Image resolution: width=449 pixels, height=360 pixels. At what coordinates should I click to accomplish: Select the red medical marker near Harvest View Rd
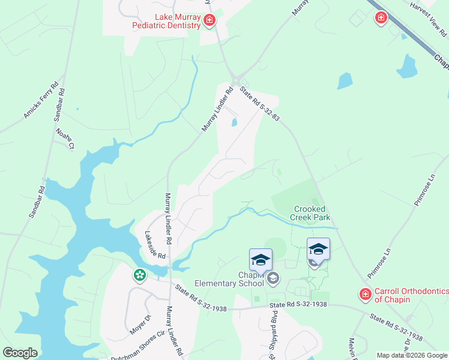(x=381, y=18)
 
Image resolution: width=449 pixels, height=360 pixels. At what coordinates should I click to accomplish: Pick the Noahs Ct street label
(x=64, y=138)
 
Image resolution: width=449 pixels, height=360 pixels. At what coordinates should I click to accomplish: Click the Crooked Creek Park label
(x=310, y=213)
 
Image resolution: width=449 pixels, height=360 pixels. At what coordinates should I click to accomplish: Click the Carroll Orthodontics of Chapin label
(x=411, y=296)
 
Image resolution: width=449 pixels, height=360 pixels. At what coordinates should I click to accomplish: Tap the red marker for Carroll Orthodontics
(x=365, y=294)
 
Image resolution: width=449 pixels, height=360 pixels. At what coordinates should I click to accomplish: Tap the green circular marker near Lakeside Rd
(x=140, y=275)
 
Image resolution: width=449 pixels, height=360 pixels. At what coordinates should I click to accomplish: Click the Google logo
(x=20, y=353)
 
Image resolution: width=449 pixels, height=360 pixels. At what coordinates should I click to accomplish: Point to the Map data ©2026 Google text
(x=412, y=355)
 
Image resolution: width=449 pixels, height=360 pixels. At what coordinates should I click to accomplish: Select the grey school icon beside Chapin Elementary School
(x=274, y=277)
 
